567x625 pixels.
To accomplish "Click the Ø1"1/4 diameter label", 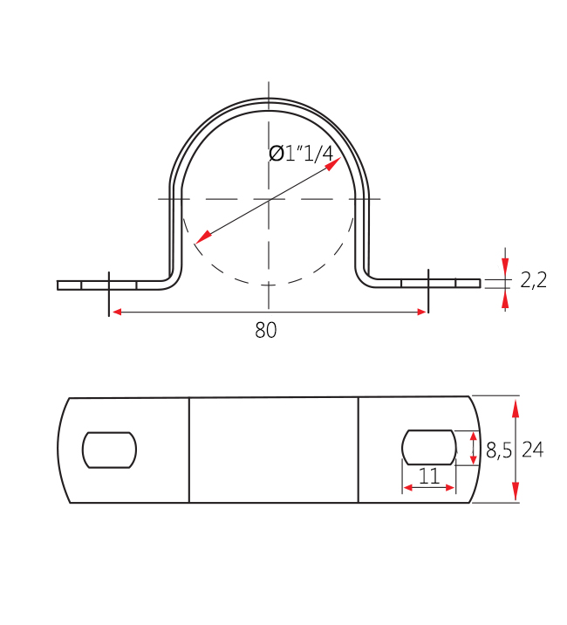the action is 301,154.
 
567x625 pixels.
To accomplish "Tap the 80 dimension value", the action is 266,330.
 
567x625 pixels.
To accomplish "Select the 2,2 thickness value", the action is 534,280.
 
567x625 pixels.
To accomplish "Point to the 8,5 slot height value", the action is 498,450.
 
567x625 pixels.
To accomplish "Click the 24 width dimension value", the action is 533,450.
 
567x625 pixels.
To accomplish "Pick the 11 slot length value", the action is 428,476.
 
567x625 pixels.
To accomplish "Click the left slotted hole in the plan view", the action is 110,450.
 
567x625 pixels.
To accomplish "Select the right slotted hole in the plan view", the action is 428,447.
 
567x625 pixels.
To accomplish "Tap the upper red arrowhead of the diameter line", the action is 333,164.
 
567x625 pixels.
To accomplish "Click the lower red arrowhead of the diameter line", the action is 203,237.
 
